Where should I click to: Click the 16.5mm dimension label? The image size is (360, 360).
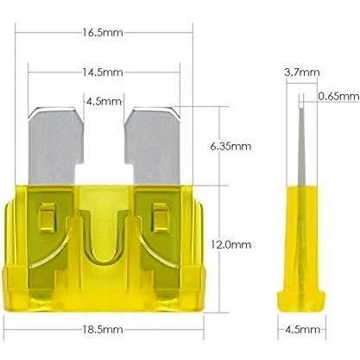[103, 33]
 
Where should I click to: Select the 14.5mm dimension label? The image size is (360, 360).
[103, 72]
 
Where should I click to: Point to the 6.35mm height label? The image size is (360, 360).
[231, 146]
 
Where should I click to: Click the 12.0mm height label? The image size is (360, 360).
[231, 244]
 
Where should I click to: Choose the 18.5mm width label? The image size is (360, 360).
[103, 329]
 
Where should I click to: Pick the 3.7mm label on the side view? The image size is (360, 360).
[302, 72]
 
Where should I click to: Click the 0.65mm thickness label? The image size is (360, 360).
[338, 96]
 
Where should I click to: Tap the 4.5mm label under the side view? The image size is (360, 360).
[302, 329]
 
